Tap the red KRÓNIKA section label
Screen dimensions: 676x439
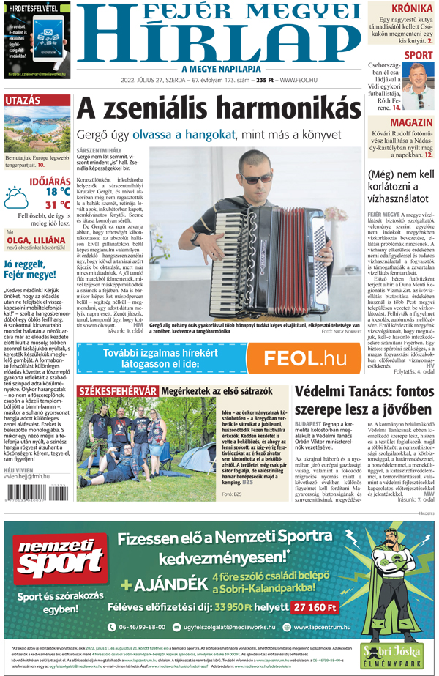[411, 10]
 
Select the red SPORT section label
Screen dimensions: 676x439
[419, 55]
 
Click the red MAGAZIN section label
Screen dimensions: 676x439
[412, 122]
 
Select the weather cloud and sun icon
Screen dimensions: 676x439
[15, 196]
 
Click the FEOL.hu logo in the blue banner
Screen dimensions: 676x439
[304, 359]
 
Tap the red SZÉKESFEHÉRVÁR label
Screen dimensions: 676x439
[118, 391]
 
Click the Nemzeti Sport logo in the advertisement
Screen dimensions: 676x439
[50, 563]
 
